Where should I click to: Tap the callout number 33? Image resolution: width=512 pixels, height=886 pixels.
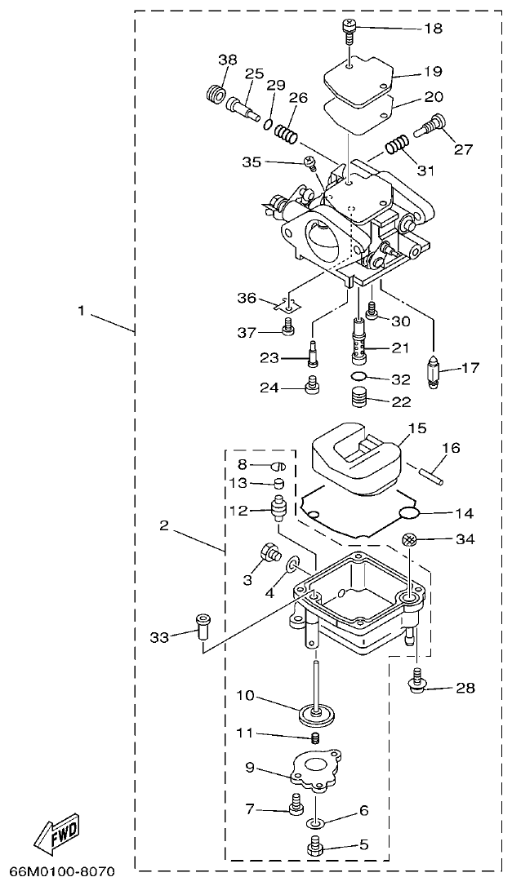click(159, 636)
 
